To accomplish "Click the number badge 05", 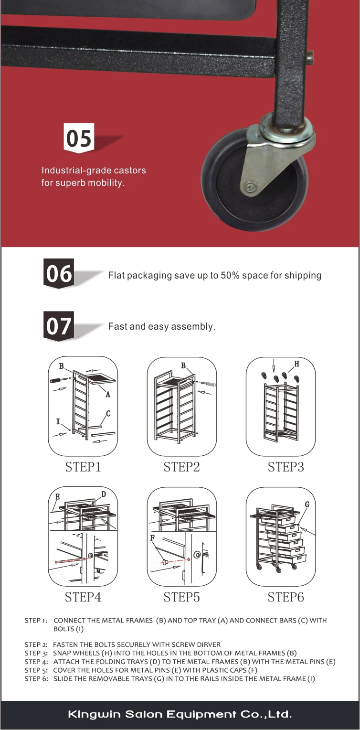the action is (x=79, y=138).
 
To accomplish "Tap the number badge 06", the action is (x=59, y=273).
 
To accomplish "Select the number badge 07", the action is (x=59, y=326).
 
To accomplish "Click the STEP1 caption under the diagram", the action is (x=83, y=467).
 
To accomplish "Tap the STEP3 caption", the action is (x=286, y=467).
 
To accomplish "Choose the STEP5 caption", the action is (x=181, y=597).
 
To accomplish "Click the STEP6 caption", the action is (x=286, y=597).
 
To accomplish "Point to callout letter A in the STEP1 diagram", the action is (x=108, y=395).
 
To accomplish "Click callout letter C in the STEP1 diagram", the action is (x=108, y=413).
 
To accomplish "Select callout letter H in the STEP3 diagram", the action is (x=296, y=364).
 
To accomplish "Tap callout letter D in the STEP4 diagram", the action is (x=104, y=494).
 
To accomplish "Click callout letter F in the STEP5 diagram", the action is (x=152, y=538).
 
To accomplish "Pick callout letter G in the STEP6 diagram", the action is (x=307, y=505).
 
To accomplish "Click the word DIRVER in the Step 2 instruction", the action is (x=209, y=644).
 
